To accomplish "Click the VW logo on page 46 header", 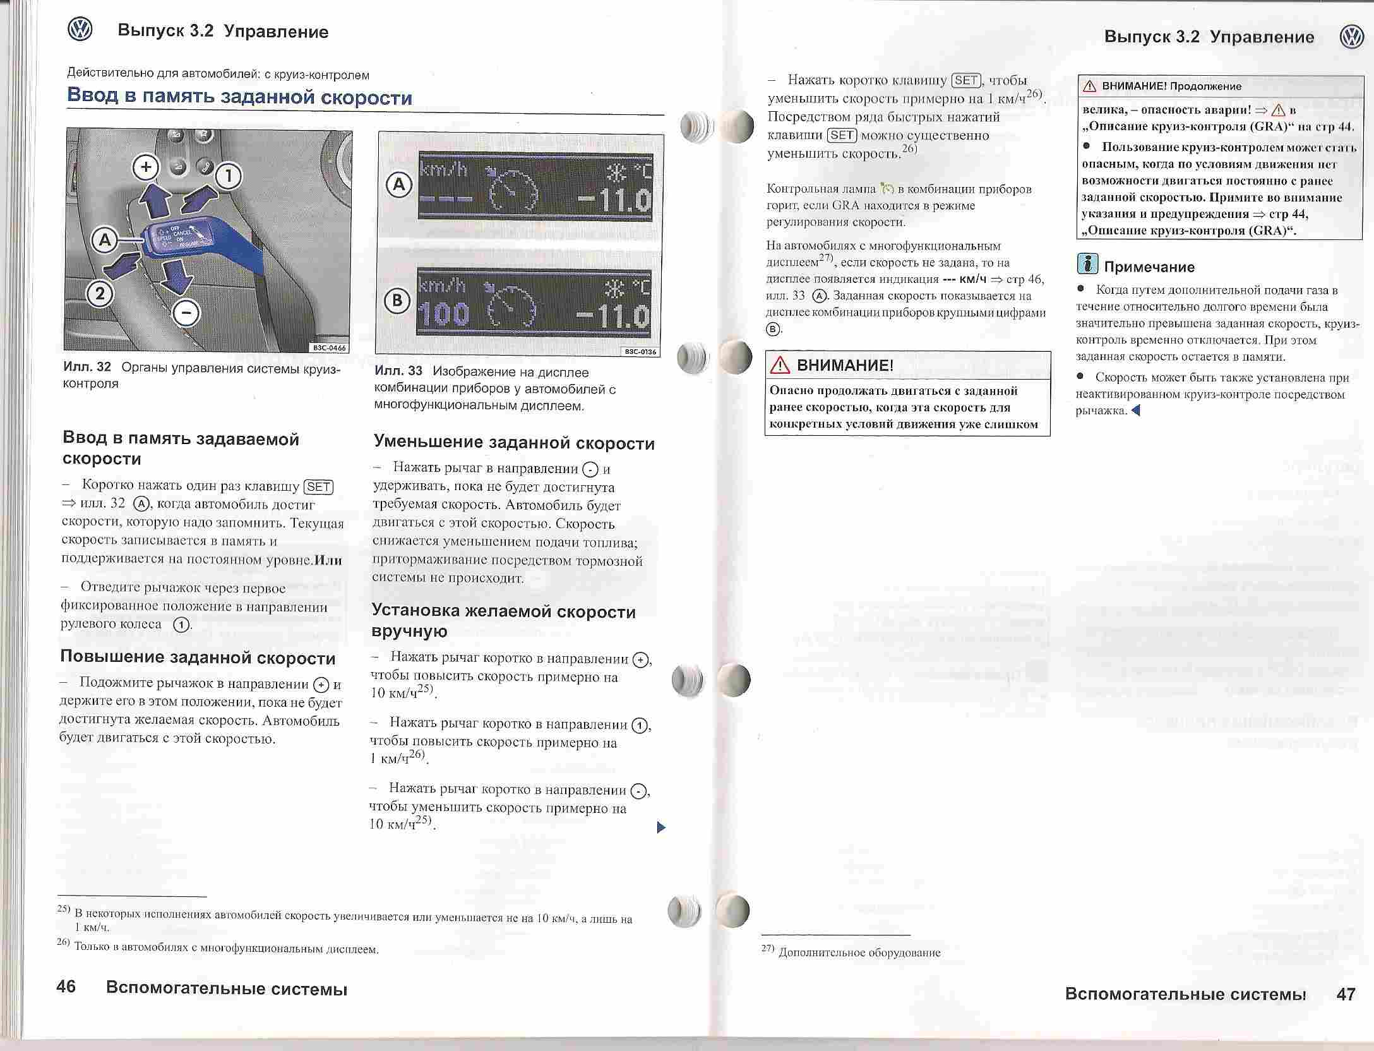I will pos(80,30).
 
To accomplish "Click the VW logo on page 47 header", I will pos(1351,37).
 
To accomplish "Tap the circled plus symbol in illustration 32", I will pos(146,167).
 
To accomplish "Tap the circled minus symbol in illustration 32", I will pos(186,313).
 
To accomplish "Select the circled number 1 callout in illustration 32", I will pos(229,176).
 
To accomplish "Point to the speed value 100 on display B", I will pos(444,314).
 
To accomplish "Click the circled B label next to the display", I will pos(398,301).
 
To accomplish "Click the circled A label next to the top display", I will pos(399,185).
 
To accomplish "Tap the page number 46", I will pos(66,987).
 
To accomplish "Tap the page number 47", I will pos(1346,994).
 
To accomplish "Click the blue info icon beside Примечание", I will pos(1087,263).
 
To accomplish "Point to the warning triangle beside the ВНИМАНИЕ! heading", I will pos(780,366).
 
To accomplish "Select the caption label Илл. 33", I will pos(398,371).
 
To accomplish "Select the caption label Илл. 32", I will pos(87,367).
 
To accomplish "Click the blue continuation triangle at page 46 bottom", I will pos(661,827).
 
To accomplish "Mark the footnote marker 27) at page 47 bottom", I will pos(768,949).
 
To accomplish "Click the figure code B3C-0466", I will pos(329,347).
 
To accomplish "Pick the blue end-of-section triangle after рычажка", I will pos(1135,411).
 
